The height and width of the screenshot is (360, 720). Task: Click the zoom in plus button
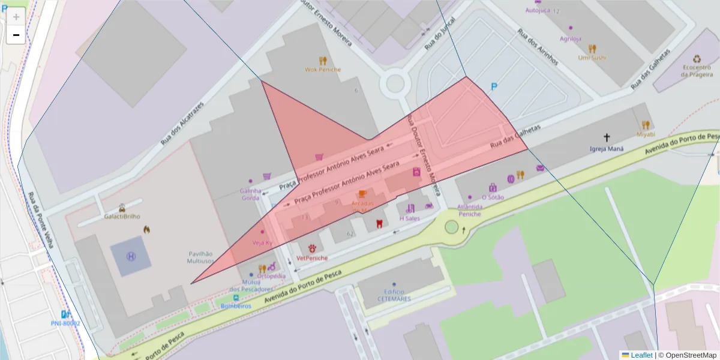[16, 17]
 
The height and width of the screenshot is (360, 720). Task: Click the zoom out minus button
[16, 35]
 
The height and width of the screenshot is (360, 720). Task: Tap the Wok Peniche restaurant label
[323, 70]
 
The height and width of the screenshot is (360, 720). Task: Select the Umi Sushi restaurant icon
[592, 49]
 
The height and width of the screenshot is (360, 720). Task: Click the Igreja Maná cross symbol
[607, 137]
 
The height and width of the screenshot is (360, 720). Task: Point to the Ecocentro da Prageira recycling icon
[697, 59]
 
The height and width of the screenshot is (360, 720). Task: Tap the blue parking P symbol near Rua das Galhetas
[494, 87]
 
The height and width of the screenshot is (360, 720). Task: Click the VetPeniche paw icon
[312, 248]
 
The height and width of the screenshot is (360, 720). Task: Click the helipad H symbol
[131, 256]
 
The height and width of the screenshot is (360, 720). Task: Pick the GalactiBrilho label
[122, 216]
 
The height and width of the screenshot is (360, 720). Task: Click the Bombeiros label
[236, 305]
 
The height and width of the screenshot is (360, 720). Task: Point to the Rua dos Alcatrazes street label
[182, 124]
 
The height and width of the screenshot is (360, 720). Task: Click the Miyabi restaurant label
[646, 134]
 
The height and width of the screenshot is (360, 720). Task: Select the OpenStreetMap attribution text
[687, 355]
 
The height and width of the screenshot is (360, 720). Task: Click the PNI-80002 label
[65, 323]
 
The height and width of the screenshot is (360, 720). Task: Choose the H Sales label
[410, 218]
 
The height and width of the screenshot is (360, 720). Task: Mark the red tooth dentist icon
[379, 224]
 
